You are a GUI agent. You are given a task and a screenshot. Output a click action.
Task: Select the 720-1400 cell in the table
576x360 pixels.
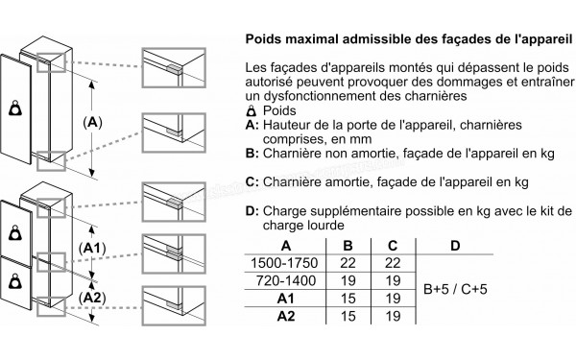281,280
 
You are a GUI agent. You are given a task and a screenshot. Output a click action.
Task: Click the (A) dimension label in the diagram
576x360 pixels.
93,123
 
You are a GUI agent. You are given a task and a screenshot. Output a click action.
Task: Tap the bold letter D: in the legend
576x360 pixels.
252,209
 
